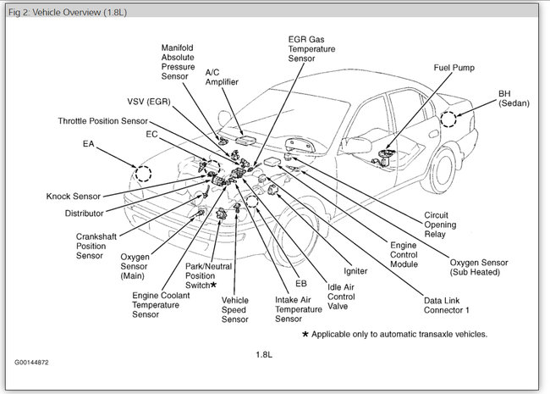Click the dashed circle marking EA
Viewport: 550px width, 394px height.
pos(143,174)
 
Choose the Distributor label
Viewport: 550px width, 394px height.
pos(84,214)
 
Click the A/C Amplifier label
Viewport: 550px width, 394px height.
pos(223,77)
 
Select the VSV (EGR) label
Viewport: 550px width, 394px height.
pos(149,102)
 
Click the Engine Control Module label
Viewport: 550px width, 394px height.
pos(404,254)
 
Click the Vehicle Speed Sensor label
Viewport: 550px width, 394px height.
pos(234,309)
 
